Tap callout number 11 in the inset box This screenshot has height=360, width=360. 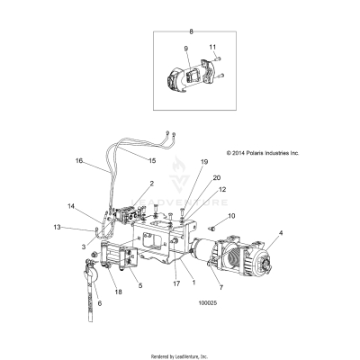pyautogui.click(x=213, y=46)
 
